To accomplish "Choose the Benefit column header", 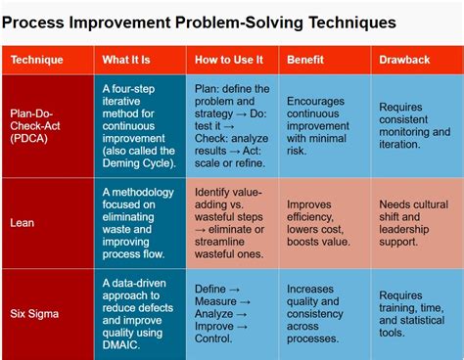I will (x=306, y=60).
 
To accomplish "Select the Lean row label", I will (x=24, y=222).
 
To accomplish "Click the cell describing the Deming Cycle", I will (x=141, y=125).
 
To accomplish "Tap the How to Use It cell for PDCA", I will (x=233, y=125).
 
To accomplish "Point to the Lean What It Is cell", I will (x=141, y=222).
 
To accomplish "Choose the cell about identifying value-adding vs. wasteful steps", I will (x=233, y=222).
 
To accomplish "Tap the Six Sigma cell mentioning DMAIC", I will (x=141, y=311).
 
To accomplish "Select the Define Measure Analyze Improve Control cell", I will (x=233, y=311).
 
